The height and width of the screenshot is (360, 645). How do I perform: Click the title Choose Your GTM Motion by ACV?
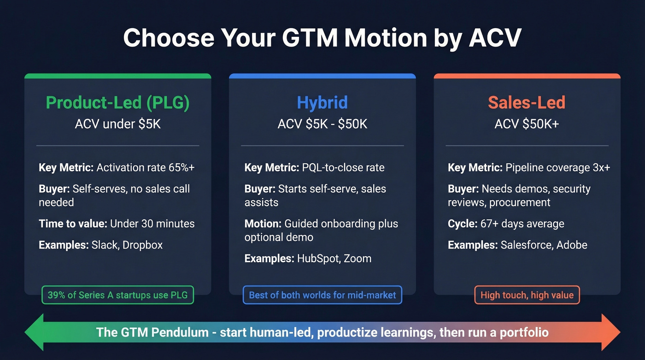pyautogui.click(x=322, y=38)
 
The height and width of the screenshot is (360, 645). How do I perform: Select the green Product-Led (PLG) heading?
pyautogui.click(x=118, y=103)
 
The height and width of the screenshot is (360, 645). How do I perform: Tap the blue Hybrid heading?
pyautogui.click(x=322, y=103)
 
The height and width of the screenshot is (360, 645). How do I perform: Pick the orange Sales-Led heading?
pyautogui.click(x=527, y=103)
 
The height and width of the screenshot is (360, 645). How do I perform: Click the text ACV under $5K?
pyautogui.click(x=118, y=124)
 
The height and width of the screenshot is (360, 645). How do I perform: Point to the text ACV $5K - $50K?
pyautogui.click(x=322, y=124)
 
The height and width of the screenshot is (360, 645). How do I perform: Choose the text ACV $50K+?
pyautogui.click(x=527, y=124)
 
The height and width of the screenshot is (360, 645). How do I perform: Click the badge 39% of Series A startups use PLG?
pyautogui.click(x=118, y=295)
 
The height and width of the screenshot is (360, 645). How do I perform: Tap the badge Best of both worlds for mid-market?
pyautogui.click(x=322, y=295)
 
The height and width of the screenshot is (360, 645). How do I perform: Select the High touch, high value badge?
pyautogui.click(x=527, y=295)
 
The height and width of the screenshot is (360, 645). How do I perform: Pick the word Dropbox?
pyautogui.click(x=143, y=245)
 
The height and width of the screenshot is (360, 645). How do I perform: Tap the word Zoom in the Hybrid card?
pyautogui.click(x=358, y=259)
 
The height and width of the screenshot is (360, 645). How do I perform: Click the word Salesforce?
pyautogui.click(x=526, y=245)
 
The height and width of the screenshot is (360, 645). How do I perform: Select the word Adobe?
pyautogui.click(x=572, y=245)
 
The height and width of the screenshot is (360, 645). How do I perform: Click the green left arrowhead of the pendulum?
pyautogui.click(x=35, y=332)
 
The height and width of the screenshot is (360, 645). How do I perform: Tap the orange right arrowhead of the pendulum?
pyautogui.click(x=610, y=332)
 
